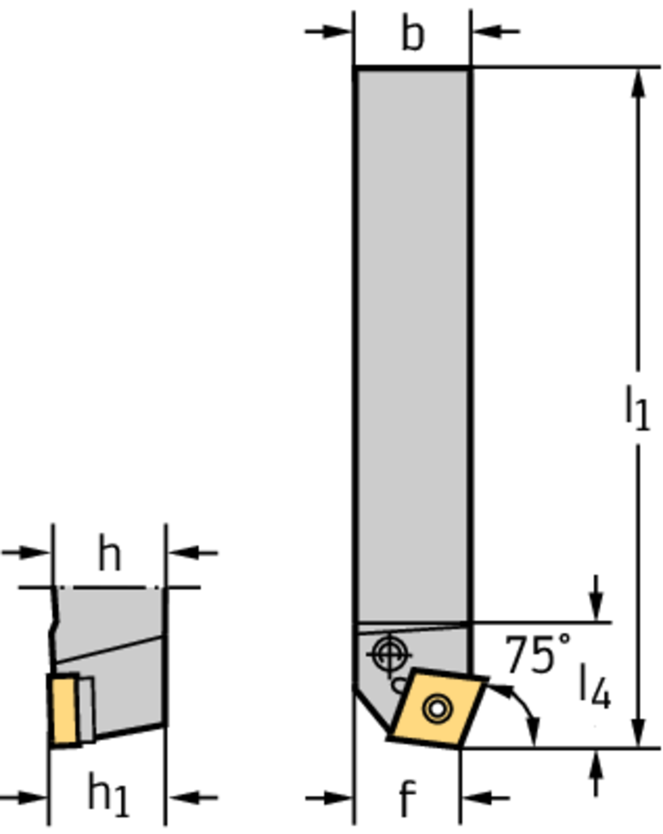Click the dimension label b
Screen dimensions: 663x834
coord(413,34)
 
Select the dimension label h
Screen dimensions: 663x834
coord(110,554)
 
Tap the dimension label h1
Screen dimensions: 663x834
coord(108,795)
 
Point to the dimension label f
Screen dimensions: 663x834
coord(407,798)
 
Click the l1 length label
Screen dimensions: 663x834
coord(637,408)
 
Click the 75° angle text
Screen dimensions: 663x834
coord(538,654)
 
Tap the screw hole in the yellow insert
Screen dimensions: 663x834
coord(437,709)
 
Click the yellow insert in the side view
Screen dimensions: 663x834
coord(64,709)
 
